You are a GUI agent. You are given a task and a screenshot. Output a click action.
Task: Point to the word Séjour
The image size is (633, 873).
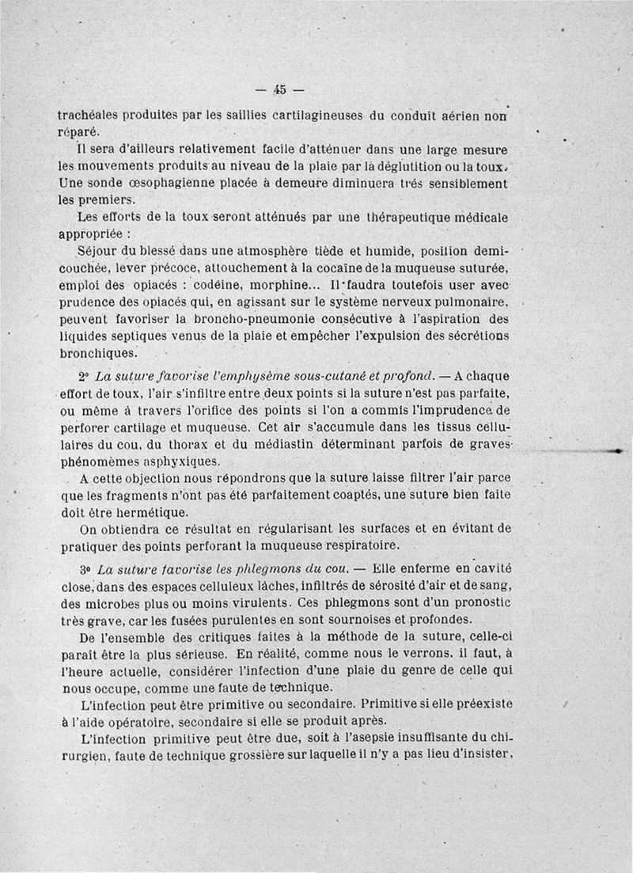(x=100, y=251)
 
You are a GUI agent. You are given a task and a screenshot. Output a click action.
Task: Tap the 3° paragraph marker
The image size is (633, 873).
(x=86, y=568)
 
